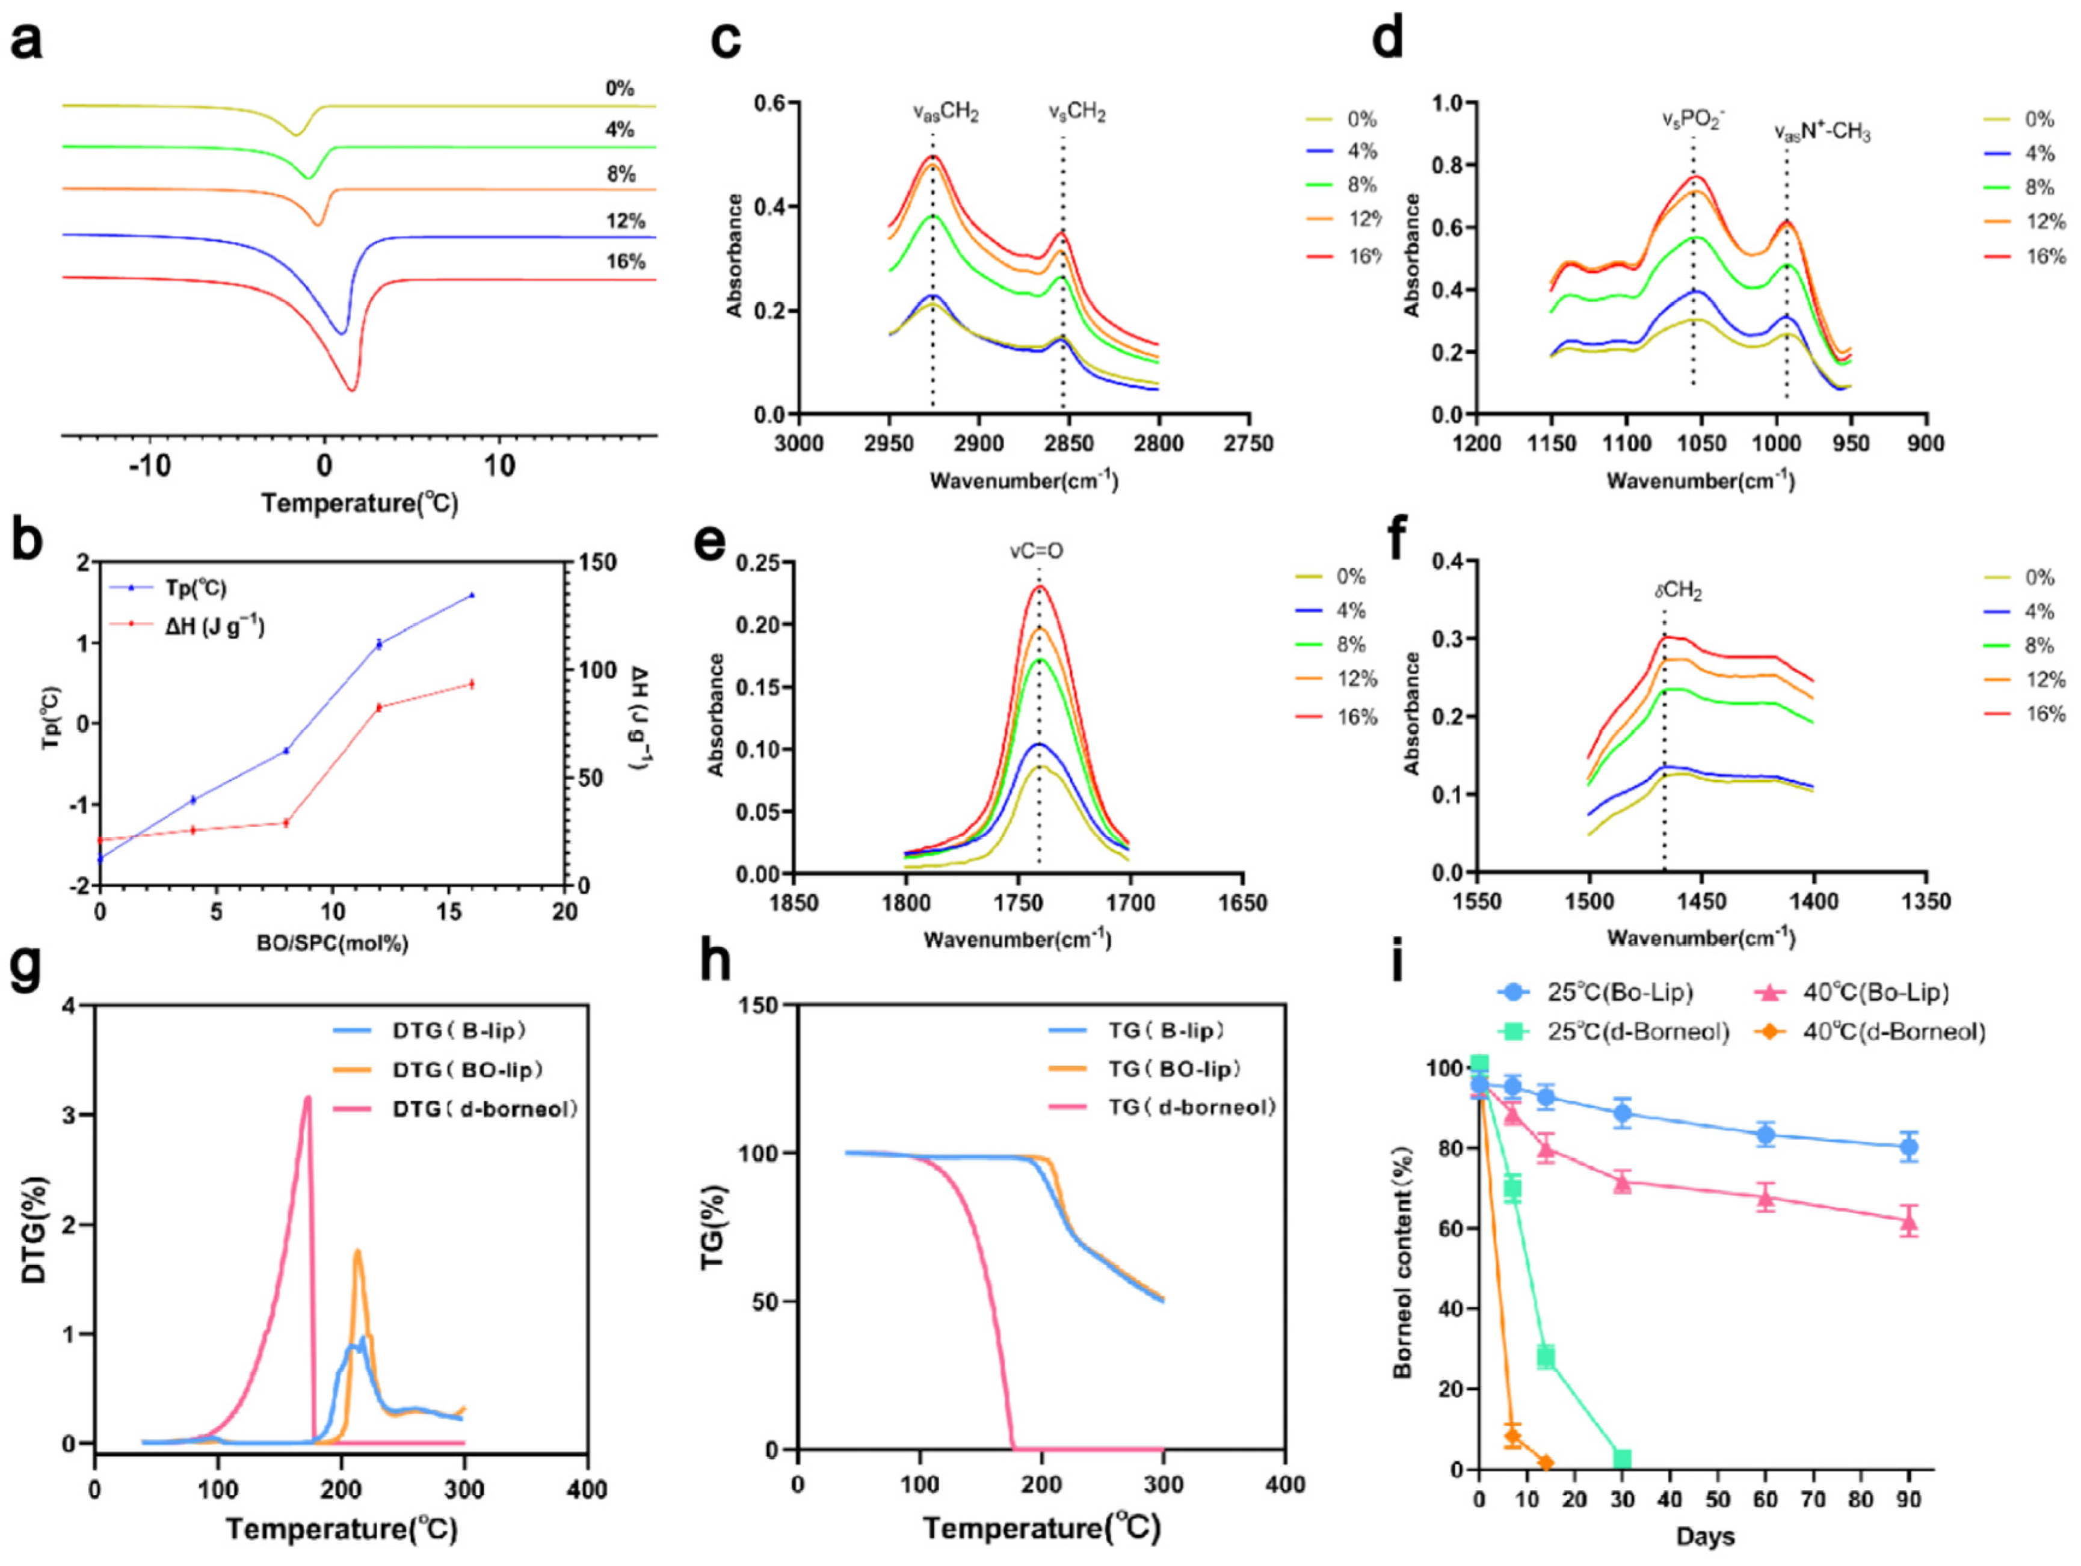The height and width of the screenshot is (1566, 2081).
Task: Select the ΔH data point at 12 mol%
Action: point(379,707)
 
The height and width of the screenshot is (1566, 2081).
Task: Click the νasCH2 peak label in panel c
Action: point(946,114)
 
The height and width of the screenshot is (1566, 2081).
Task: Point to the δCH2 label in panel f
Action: point(1679,592)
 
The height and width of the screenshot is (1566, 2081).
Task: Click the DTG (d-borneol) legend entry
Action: point(484,1109)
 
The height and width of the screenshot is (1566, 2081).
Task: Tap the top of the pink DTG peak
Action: point(307,1098)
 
